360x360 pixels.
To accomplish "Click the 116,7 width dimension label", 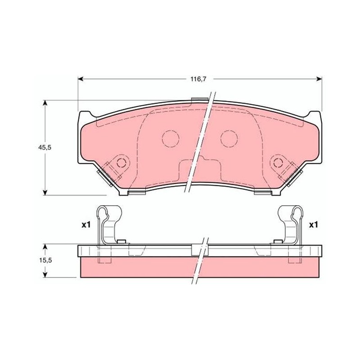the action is pyautogui.click(x=198, y=79).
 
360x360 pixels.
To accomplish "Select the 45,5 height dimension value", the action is pyautogui.click(x=45, y=148).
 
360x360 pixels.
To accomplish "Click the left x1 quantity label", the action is pyautogui.click(x=86, y=225).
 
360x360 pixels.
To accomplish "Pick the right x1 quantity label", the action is pyautogui.click(x=314, y=225).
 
